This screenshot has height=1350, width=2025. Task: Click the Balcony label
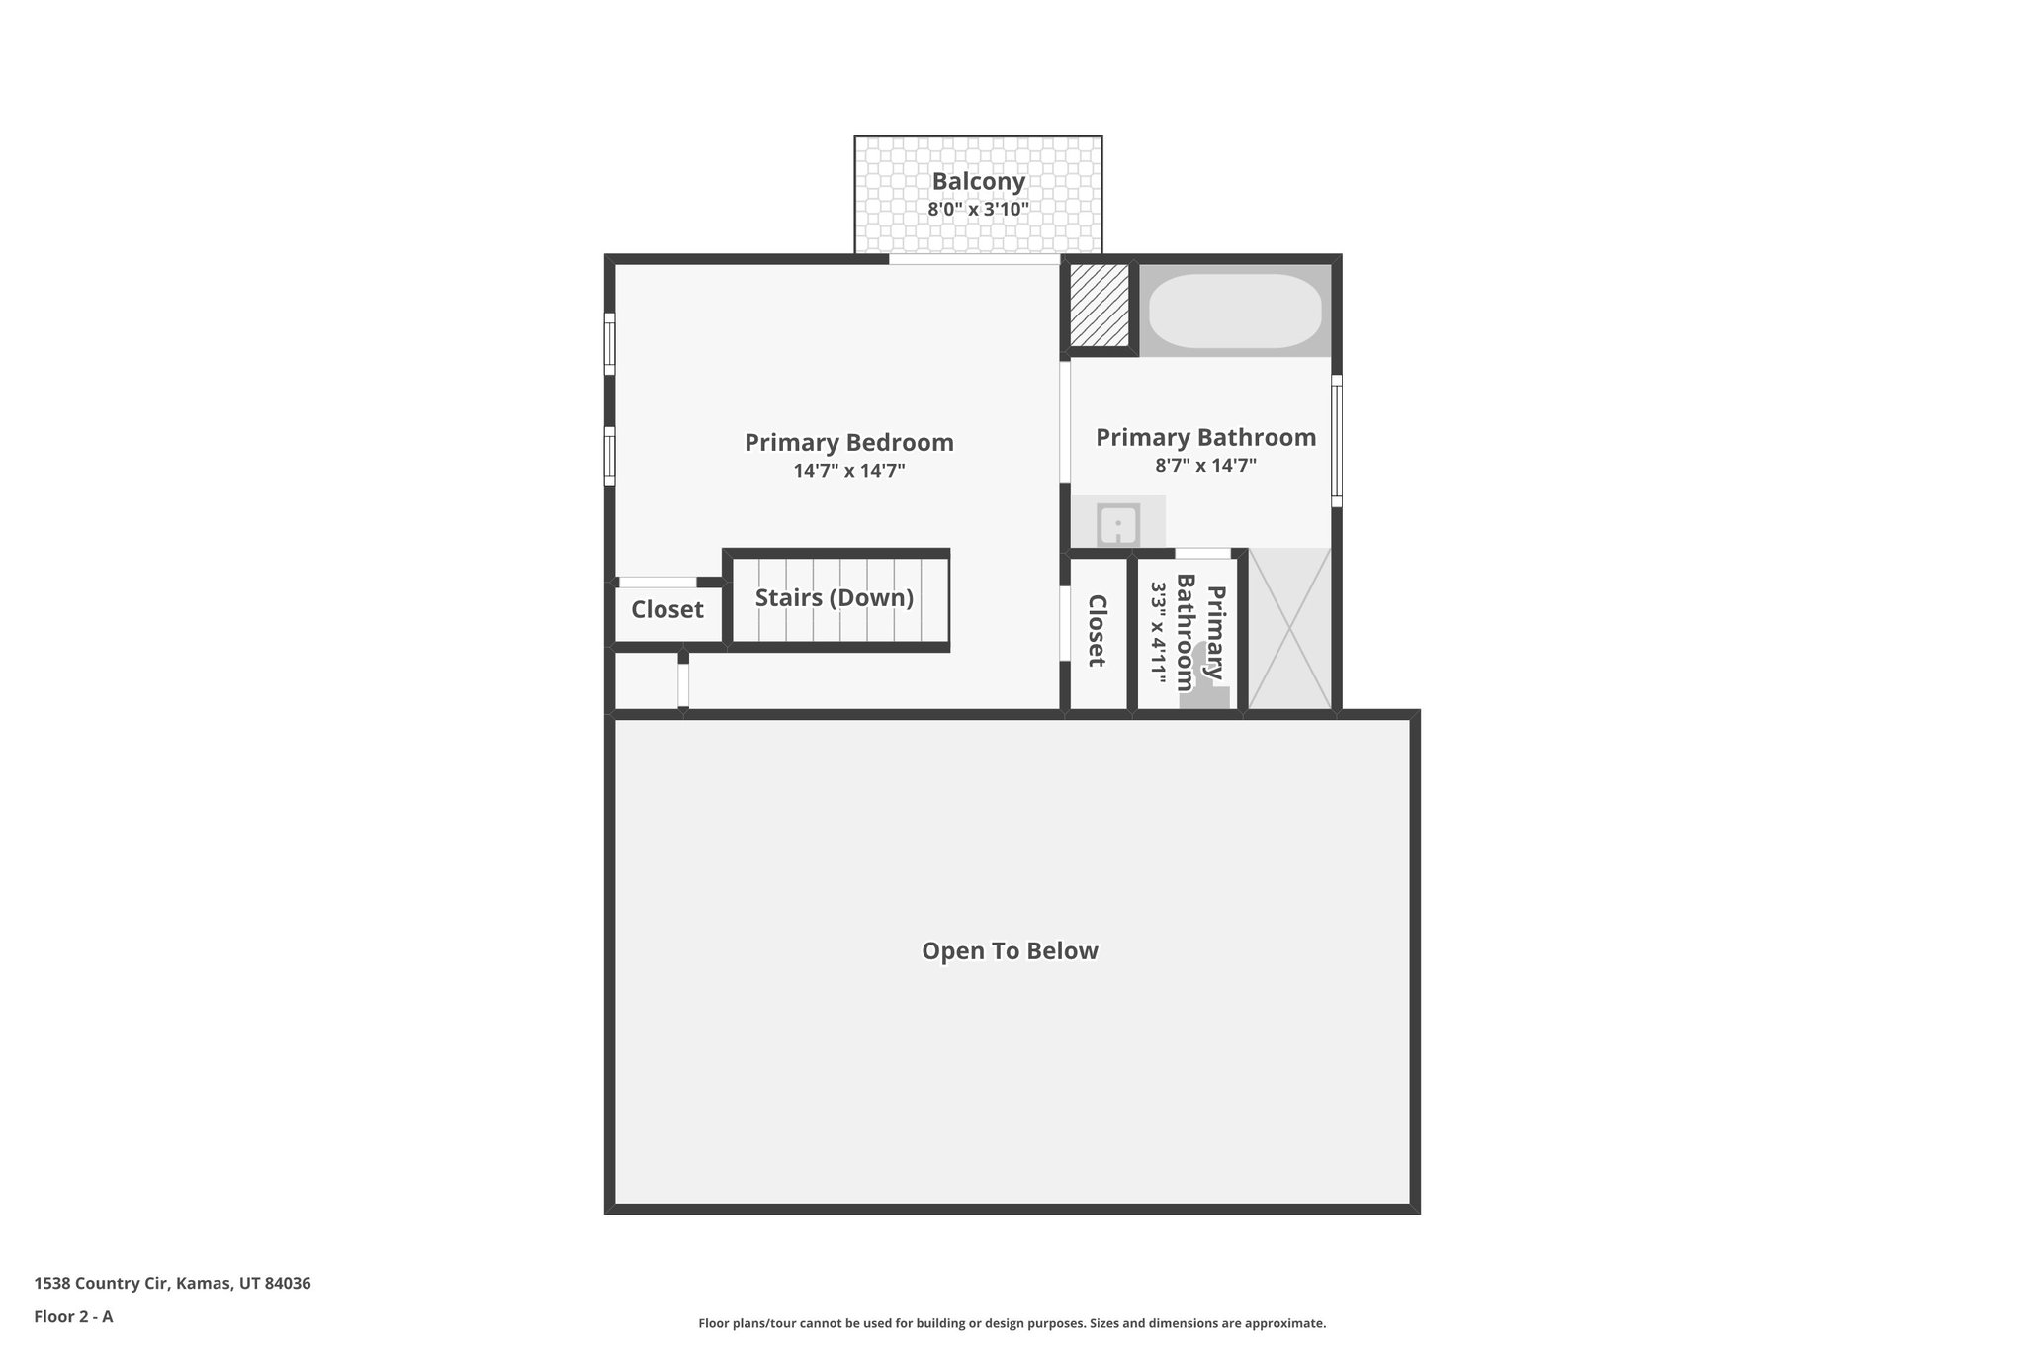click(x=978, y=182)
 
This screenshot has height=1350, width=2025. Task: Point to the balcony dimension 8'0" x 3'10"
click(x=978, y=210)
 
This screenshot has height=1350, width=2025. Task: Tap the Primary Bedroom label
click(x=848, y=442)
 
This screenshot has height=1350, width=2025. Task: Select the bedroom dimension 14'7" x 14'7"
click(x=848, y=471)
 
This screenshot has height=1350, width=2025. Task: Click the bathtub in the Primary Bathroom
click(x=1233, y=311)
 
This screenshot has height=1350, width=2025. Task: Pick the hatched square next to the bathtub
click(x=1099, y=306)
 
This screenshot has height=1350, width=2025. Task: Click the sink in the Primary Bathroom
click(x=1118, y=523)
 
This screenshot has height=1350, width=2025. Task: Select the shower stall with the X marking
click(x=1289, y=629)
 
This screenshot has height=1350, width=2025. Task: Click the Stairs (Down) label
click(x=834, y=598)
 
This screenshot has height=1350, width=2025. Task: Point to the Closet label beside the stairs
click(x=667, y=610)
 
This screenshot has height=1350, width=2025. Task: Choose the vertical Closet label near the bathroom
click(x=1097, y=630)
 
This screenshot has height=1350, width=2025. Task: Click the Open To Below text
click(x=1010, y=951)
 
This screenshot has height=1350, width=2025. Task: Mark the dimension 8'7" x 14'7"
click(x=1205, y=466)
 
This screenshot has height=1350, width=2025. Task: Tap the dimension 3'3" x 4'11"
click(x=1159, y=633)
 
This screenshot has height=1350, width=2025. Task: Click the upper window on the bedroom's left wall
click(x=610, y=344)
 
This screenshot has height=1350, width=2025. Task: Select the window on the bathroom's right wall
click(x=1336, y=440)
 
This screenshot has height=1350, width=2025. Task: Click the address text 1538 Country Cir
click(x=104, y=1284)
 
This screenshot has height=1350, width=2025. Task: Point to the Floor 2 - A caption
click(x=73, y=1317)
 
